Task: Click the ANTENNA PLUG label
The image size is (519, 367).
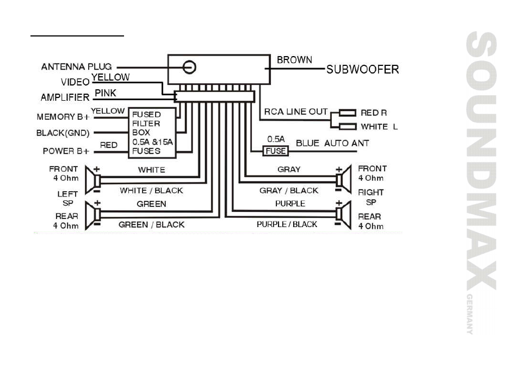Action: [x=77, y=66]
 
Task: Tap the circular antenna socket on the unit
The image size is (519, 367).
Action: [x=189, y=67]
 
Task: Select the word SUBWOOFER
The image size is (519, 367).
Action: [x=362, y=69]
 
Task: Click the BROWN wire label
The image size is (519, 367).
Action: [x=294, y=60]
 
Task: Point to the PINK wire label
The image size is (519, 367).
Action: [x=106, y=93]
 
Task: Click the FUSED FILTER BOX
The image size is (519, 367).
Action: [x=152, y=133]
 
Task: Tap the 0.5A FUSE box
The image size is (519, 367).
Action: [x=275, y=151]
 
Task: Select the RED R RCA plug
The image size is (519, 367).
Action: [x=347, y=113]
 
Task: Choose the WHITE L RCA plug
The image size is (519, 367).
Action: [x=347, y=127]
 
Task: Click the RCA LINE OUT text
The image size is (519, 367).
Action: [x=295, y=112]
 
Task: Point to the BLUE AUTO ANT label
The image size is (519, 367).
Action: [x=332, y=143]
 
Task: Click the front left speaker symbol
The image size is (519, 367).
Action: [x=93, y=180]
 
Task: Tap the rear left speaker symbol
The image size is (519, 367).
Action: [x=93, y=215]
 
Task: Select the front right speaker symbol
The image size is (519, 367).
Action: [x=344, y=179]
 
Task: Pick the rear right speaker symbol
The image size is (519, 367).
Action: [x=344, y=215]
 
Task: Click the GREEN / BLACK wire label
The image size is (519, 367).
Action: [x=151, y=224]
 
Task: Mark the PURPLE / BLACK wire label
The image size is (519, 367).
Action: [x=287, y=224]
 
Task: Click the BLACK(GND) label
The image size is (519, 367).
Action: [x=63, y=133]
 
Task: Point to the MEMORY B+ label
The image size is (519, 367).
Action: [x=63, y=117]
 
